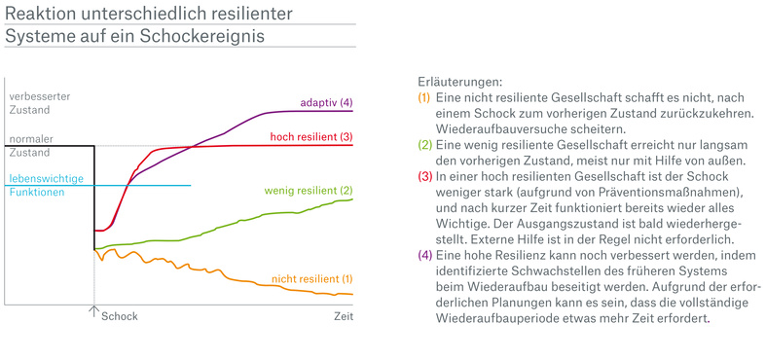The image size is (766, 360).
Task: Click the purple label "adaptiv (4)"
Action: point(326,102)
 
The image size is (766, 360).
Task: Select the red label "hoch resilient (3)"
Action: point(310,136)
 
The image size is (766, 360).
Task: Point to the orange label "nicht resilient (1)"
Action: point(311,280)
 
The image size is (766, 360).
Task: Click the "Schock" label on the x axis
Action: point(120,316)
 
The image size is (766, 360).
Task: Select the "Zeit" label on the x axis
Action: point(343,316)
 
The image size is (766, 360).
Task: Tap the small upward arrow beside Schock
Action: point(94,312)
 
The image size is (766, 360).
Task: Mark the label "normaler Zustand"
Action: point(31,145)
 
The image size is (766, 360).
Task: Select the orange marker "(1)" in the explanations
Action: point(423,98)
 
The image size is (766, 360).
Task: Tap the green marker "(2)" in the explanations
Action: point(423,144)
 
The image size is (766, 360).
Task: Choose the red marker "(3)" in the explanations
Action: point(423,175)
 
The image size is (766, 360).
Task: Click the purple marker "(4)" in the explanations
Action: point(423,253)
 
